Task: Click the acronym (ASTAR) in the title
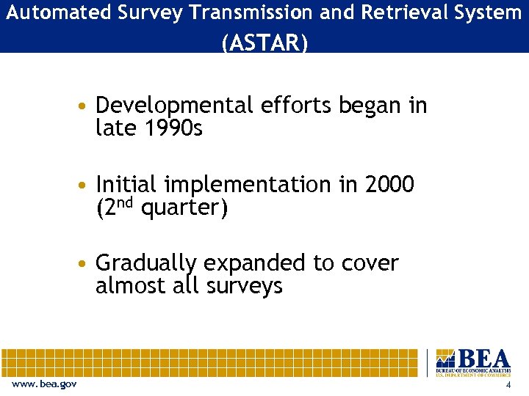coord(264,43)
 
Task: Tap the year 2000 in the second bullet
coord(389,185)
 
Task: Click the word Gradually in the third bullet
coord(147,263)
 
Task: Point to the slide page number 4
coord(508,386)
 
